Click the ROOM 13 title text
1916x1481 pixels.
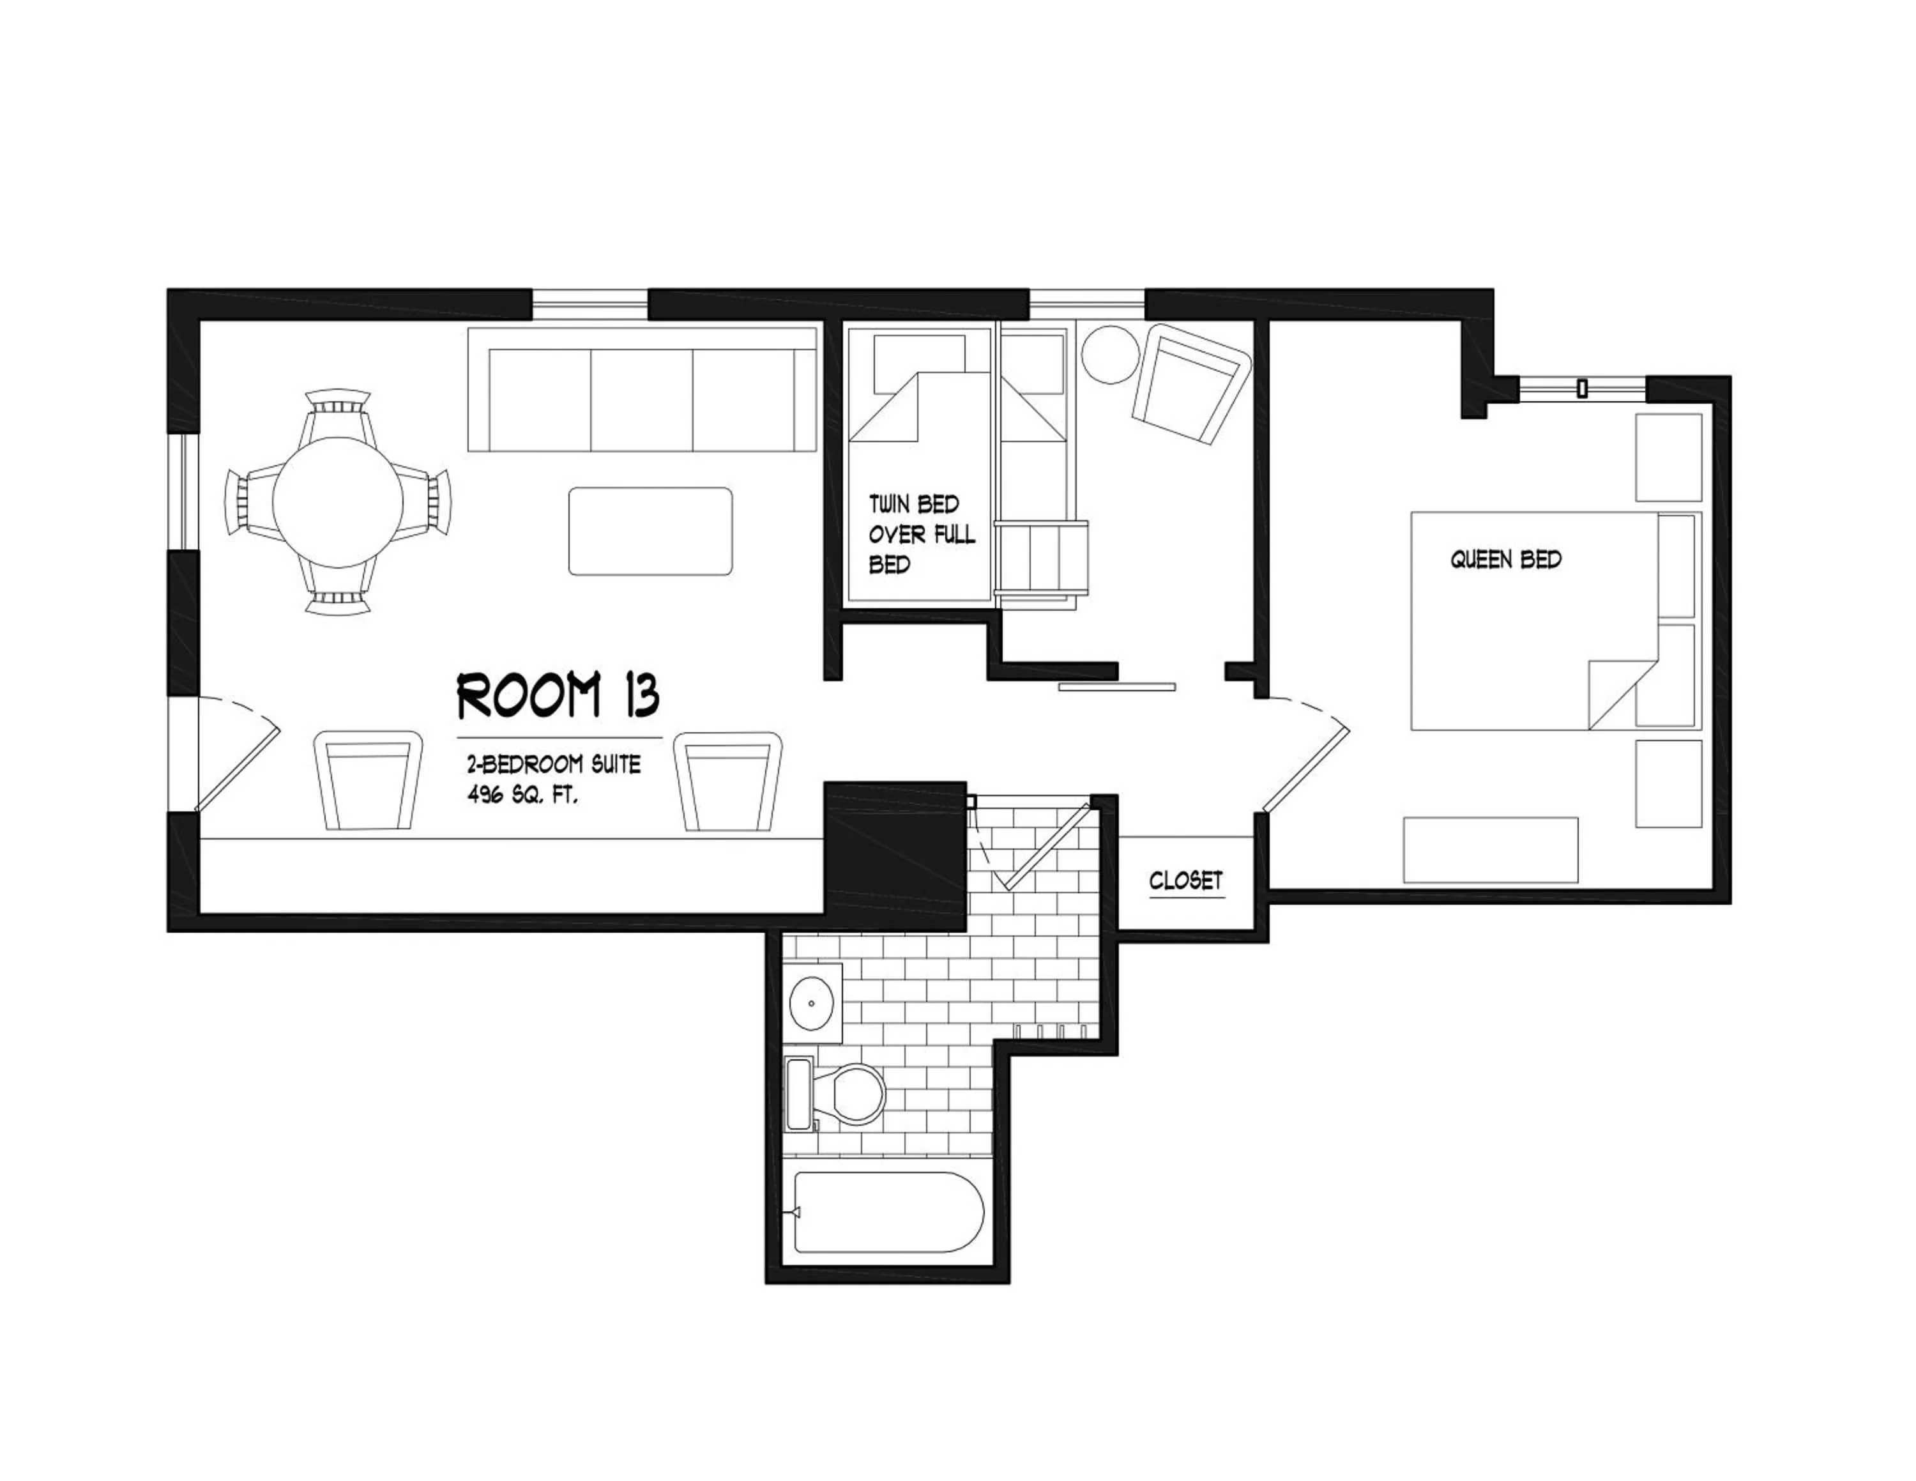pyautogui.click(x=558, y=696)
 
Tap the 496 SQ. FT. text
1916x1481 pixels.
pyautogui.click(x=523, y=797)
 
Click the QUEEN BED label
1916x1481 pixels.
pyautogui.click(x=1505, y=560)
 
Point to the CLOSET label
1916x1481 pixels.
pyautogui.click(x=1185, y=880)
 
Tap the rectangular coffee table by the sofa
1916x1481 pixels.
pyautogui.click(x=650, y=532)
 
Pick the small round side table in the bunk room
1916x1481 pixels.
pyautogui.click(x=1111, y=355)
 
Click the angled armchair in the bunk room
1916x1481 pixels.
pyautogui.click(x=1190, y=383)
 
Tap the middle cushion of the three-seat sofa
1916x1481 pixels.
pyautogui.click(x=641, y=399)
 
